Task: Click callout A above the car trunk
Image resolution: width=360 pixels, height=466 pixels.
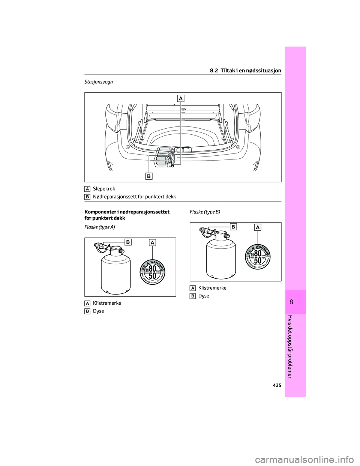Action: [x=181, y=98]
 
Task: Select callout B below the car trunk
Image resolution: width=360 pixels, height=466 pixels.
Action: [x=149, y=176]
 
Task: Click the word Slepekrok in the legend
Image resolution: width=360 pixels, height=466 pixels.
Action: [x=104, y=189]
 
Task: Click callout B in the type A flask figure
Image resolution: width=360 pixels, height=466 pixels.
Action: [x=128, y=242]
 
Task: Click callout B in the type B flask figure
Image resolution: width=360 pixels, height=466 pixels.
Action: [x=234, y=227]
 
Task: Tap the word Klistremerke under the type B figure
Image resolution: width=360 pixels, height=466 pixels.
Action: [x=212, y=287]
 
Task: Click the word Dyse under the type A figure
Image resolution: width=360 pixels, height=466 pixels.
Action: [x=99, y=311]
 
